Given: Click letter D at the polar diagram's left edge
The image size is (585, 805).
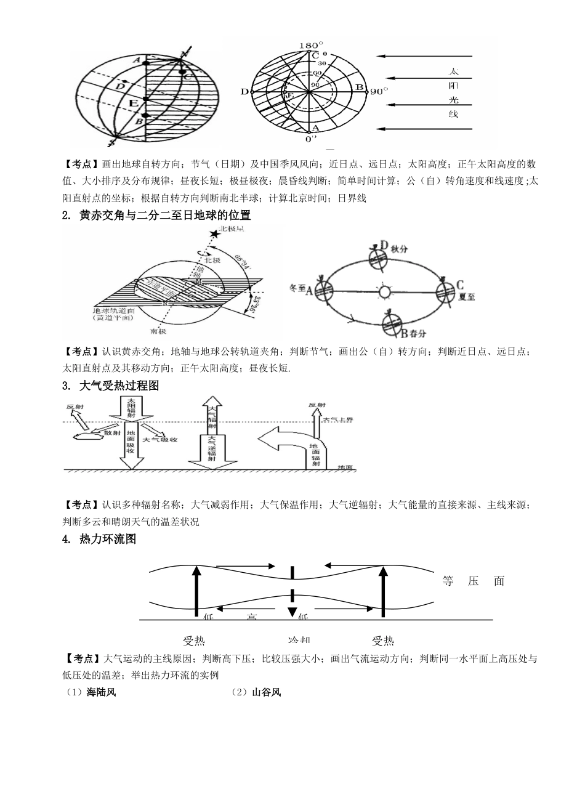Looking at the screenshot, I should point(244,92).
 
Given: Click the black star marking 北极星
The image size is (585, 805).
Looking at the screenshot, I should point(214,234).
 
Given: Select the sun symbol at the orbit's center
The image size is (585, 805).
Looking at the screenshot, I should point(385,291).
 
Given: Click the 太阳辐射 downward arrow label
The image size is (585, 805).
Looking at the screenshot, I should point(131,408).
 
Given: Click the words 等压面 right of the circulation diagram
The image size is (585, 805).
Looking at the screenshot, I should point(474,581).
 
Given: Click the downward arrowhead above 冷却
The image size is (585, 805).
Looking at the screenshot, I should point(292,612).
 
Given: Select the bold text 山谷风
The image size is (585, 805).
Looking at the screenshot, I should point(266,692).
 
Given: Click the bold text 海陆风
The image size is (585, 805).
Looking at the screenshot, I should point(102,692).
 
